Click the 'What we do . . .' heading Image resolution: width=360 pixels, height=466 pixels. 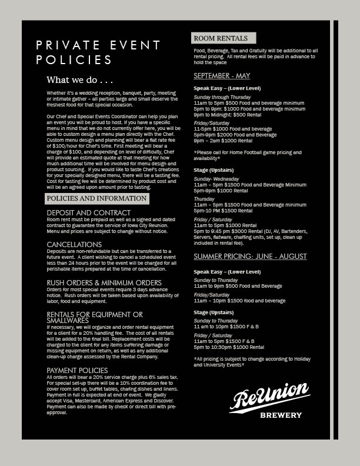tap(79, 79)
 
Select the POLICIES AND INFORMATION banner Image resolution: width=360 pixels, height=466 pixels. tap(96, 199)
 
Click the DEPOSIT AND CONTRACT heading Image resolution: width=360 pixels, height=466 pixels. tap(89, 213)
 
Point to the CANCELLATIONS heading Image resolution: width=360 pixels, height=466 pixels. tap(74, 244)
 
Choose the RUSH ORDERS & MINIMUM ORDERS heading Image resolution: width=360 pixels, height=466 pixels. tap(104, 283)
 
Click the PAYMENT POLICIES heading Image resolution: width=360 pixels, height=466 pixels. tap(77, 370)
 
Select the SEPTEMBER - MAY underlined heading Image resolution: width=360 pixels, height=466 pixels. tap(222, 76)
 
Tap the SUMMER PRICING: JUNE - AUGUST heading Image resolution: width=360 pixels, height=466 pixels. tap(250, 257)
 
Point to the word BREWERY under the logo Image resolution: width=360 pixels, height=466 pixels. tap(281, 415)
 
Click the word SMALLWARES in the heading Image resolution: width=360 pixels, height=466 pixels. tap(68, 321)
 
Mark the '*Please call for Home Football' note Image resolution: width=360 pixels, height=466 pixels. tap(247, 152)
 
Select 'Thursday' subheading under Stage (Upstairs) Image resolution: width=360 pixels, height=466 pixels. tap(204, 199)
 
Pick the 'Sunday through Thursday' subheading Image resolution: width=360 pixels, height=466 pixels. tap(222, 96)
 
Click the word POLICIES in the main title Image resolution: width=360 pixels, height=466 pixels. tap(74, 60)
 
